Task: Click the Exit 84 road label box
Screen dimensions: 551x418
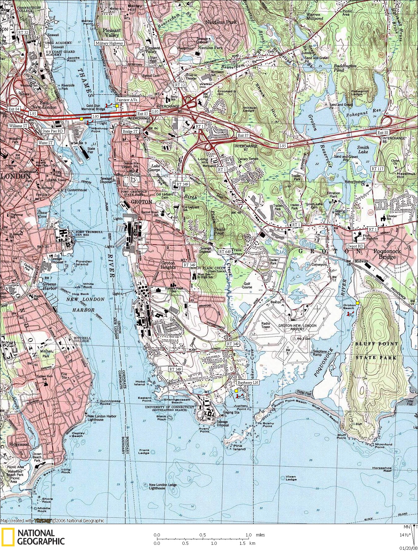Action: click(14, 109)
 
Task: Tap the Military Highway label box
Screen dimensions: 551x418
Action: click(109, 43)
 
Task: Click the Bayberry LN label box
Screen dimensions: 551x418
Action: click(248, 383)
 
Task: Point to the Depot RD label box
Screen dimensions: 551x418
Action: click(355, 246)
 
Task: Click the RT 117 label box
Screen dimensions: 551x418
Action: click(377, 169)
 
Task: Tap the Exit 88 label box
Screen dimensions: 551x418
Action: click(383, 132)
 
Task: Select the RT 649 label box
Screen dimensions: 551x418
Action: click(225, 252)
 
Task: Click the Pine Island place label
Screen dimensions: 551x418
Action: click(239, 447)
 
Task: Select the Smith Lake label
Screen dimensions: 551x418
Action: click(363, 149)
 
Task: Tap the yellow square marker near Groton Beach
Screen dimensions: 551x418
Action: click(357, 303)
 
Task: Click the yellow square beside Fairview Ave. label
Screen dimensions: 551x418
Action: click(117, 106)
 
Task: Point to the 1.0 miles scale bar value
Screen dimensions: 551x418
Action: click(249, 535)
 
